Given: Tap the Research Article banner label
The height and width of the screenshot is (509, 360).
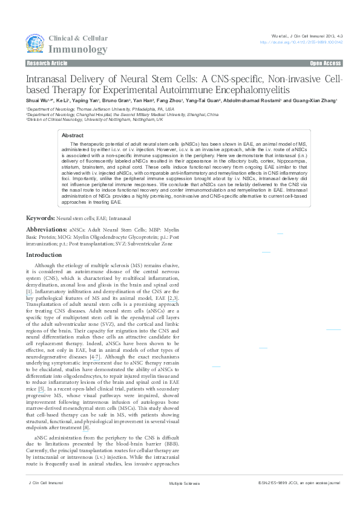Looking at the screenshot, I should [x=47, y=63].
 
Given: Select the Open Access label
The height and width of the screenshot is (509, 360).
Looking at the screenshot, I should [x=326, y=63].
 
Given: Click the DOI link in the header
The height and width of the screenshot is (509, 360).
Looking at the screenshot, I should [x=301, y=42].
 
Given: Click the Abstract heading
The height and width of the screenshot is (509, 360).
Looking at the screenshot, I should [x=73, y=136].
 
